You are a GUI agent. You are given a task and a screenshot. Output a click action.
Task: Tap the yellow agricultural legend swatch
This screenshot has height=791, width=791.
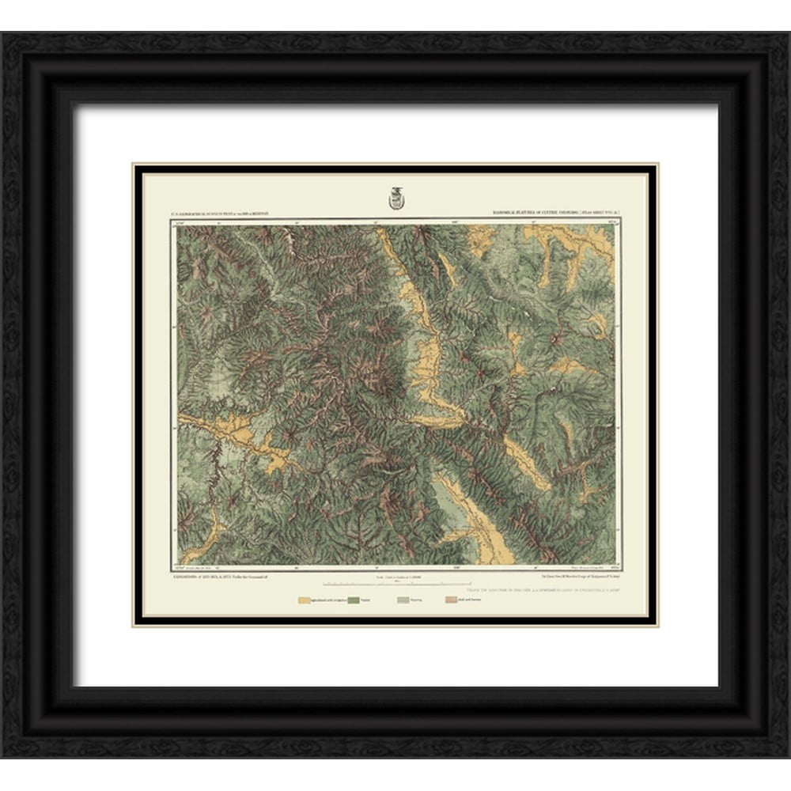305,601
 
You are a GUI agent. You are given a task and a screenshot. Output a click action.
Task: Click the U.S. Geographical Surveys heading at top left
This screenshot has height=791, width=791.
221,214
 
